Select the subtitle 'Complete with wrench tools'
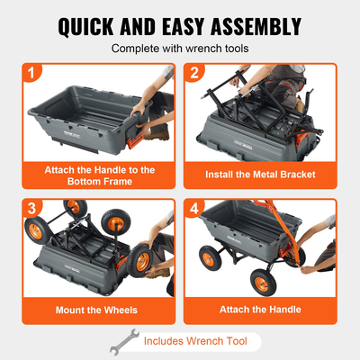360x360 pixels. click(x=180, y=49)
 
